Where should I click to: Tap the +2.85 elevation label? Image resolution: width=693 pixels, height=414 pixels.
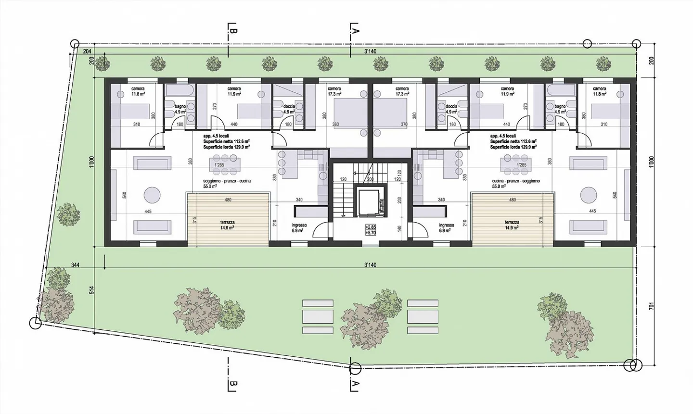click(371, 227)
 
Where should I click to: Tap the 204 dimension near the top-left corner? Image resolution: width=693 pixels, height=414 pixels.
click(87, 50)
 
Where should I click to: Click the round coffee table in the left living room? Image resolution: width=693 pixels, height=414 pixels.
click(153, 196)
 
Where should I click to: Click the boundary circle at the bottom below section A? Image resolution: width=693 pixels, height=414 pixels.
click(355, 369)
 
